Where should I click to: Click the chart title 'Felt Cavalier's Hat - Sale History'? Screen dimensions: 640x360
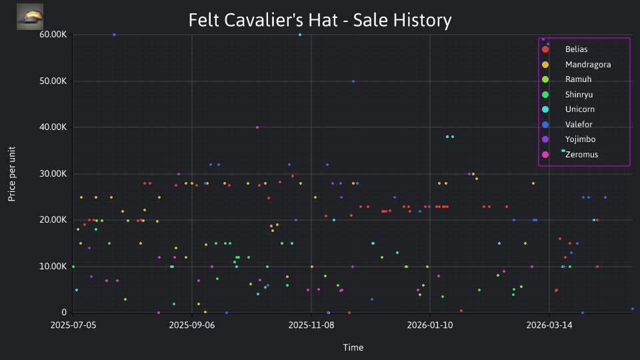pyautogui.click(x=320, y=20)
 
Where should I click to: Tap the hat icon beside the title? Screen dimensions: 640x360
pyautogui.click(x=30, y=17)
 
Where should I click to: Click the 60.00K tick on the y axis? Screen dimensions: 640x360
pyautogui.click(x=53, y=35)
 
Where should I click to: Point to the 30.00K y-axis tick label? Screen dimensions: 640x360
pyautogui.click(x=53, y=174)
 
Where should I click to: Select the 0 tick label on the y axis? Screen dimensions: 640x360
pyautogui.click(x=64, y=313)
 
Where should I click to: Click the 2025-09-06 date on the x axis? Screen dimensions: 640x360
pyautogui.click(x=192, y=325)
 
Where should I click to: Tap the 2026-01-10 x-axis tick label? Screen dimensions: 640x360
pyautogui.click(x=430, y=325)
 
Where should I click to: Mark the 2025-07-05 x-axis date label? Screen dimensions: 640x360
pyautogui.click(x=73, y=325)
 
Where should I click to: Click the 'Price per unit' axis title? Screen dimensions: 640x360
pyautogui.click(x=12, y=174)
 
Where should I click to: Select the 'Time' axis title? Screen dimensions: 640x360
pyautogui.click(x=353, y=348)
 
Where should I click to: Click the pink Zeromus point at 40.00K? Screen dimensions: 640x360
pyautogui.click(x=257, y=127)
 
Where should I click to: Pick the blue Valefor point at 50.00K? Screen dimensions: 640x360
pyautogui.click(x=353, y=81)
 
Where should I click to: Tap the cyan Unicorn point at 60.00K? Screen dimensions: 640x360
pyautogui.click(x=300, y=35)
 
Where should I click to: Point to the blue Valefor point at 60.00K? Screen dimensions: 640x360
pyautogui.click(x=114, y=35)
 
